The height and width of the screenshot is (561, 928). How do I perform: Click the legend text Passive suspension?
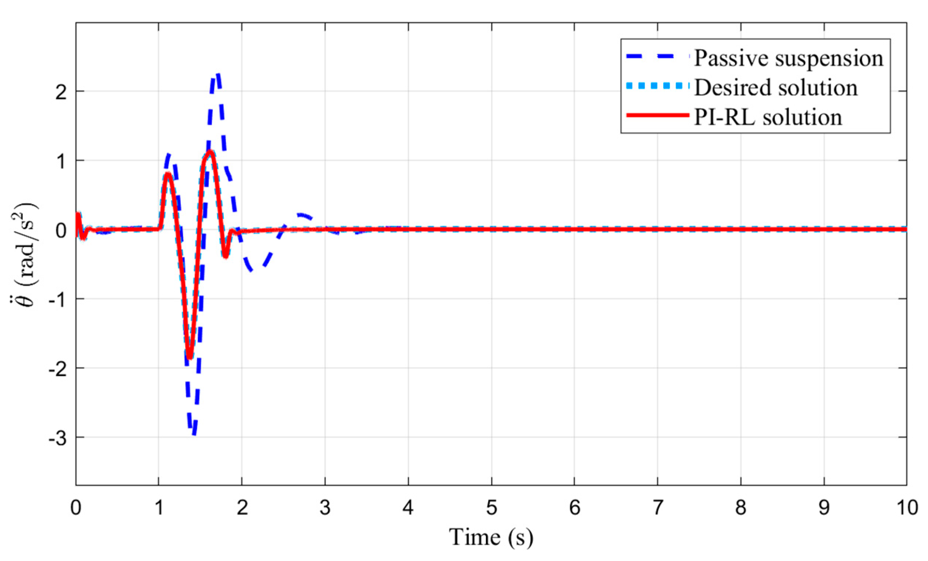coord(788,58)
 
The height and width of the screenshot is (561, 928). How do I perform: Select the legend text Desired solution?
coord(776,88)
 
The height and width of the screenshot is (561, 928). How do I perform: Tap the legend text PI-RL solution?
coord(768,117)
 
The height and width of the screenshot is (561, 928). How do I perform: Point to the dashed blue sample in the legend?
coord(657,57)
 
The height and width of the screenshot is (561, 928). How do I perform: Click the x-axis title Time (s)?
coord(491,537)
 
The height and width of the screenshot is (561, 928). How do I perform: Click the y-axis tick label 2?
coord(61,92)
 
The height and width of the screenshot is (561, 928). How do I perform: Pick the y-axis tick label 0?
coord(61,230)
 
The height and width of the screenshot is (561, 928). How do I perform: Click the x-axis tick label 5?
coord(492,508)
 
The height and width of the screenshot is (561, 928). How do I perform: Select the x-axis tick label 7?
coord(658,508)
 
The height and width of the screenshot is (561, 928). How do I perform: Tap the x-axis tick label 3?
coord(325,508)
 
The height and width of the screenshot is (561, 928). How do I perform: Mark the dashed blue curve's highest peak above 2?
coord(217,75)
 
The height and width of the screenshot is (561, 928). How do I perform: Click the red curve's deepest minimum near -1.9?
coord(190,357)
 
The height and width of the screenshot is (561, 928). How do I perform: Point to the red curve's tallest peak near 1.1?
coord(211,152)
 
